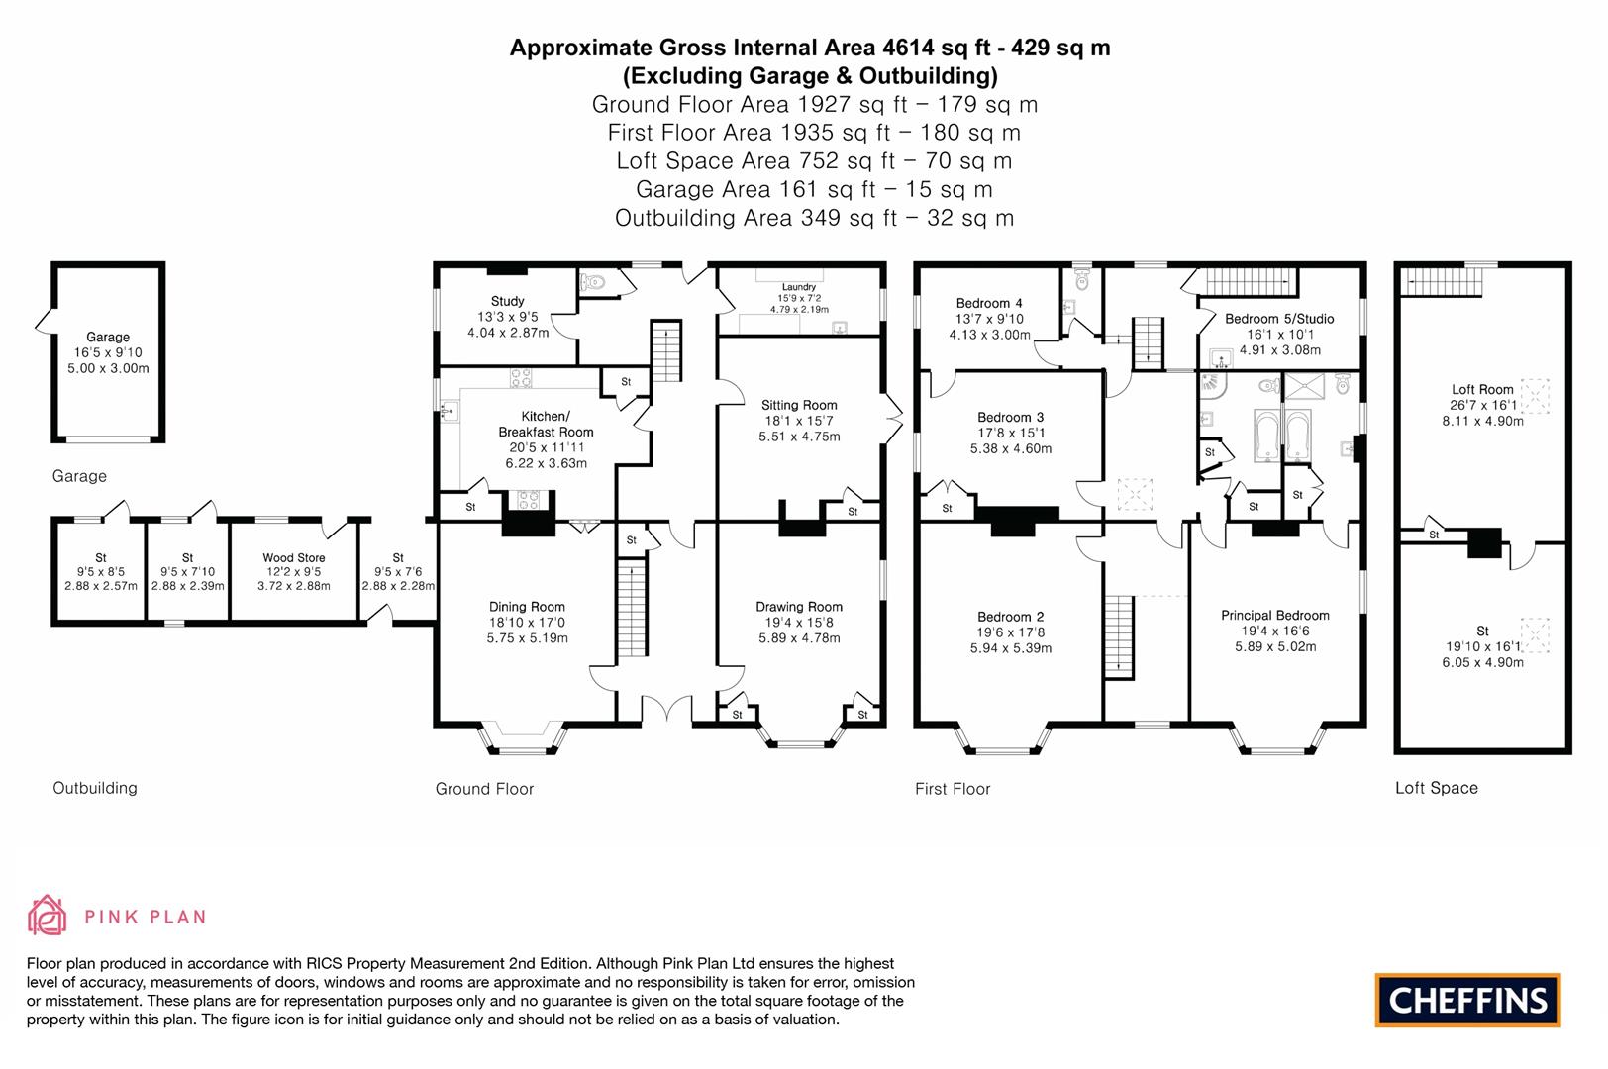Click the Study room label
[x=507, y=301]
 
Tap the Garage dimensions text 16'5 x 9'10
[x=108, y=352]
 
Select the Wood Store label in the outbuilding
[x=293, y=558]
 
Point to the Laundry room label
[x=798, y=287]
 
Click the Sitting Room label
[x=799, y=405]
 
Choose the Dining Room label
[x=527, y=607]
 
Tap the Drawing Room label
[x=799, y=607]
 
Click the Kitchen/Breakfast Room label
[x=546, y=424]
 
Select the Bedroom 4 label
[x=989, y=303]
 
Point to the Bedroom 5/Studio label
[x=1279, y=319]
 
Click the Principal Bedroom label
[x=1275, y=615]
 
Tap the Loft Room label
[x=1482, y=389]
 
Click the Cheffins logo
[x=1467, y=1000]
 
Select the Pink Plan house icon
[x=47, y=916]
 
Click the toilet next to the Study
[x=594, y=282]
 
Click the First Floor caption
[x=953, y=789]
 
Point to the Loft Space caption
[x=1436, y=788]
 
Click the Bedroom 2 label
[x=1010, y=617]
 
